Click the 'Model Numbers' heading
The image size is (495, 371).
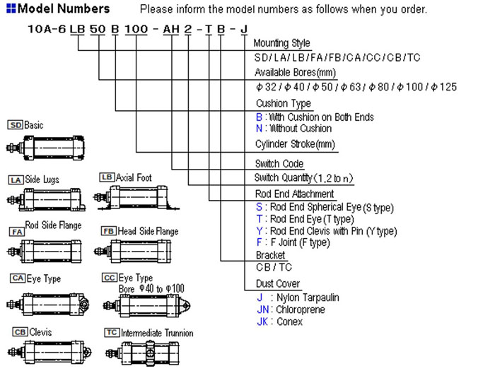click(x=63, y=9)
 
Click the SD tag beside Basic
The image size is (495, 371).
click(x=16, y=125)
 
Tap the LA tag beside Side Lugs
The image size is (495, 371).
click(x=16, y=180)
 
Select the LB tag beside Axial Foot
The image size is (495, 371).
click(x=107, y=177)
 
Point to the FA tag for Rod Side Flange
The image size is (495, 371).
click(x=16, y=231)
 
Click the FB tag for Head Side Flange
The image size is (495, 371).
click(x=109, y=231)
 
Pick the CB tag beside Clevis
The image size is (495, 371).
click(x=20, y=331)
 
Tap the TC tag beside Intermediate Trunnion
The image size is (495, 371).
click(x=111, y=332)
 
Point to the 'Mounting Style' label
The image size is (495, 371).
click(x=281, y=44)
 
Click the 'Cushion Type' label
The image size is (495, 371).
click(x=283, y=103)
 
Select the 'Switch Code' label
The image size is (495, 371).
click(x=279, y=164)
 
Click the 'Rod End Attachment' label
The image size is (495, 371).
click(x=294, y=194)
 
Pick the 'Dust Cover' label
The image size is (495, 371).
click(x=278, y=283)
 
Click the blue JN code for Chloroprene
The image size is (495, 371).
click(x=263, y=310)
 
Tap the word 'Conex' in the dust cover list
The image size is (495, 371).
click(x=290, y=322)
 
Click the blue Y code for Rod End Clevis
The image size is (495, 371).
click(x=259, y=231)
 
